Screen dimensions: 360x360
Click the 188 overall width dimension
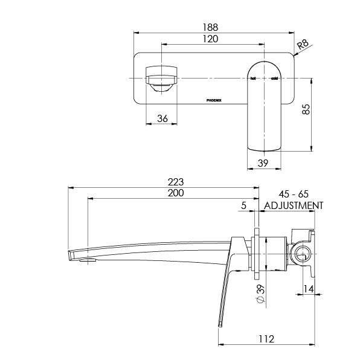(211, 27)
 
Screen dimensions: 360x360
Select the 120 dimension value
(210, 39)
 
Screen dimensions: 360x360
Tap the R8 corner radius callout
(304, 44)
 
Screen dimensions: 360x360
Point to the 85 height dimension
(307, 110)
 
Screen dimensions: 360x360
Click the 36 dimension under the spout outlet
(162, 119)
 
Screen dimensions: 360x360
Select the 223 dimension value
(175, 182)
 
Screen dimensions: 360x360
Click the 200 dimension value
(175, 193)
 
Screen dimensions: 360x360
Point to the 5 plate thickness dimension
(243, 205)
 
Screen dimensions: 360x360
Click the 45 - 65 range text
(294, 194)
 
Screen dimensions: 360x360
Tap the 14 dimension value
(309, 289)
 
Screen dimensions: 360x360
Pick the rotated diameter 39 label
(260, 294)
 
